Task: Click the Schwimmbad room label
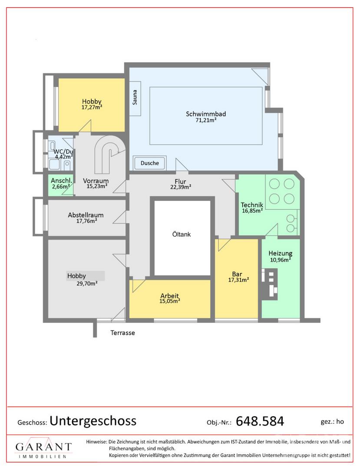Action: (206, 114)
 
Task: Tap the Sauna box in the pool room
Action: (135, 99)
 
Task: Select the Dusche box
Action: (150, 163)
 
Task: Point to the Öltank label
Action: (182, 234)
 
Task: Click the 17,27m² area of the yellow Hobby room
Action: (92, 107)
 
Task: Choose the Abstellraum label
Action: (86, 215)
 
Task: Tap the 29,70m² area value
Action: (87, 283)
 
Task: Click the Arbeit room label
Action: (169, 296)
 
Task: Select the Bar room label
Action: (237, 274)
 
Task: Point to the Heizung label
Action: (281, 253)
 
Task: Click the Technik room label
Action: (252, 205)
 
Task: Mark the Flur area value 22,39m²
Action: (181, 187)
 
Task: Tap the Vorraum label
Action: (96, 181)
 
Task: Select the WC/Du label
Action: (63, 152)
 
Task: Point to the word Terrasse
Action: (122, 333)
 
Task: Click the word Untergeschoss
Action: (93, 421)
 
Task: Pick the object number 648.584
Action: (260, 421)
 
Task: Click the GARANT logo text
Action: (44, 447)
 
